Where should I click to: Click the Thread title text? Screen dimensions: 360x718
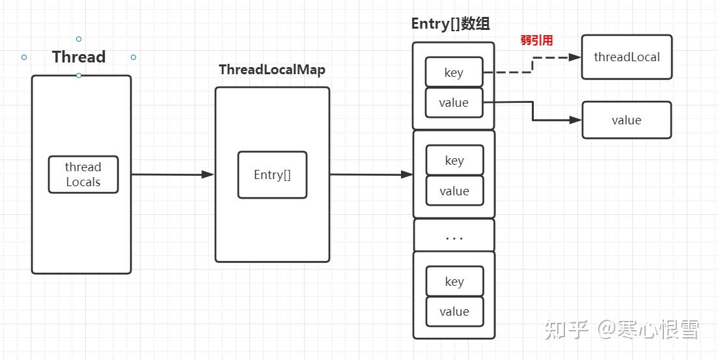point(79,57)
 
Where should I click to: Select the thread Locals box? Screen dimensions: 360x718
point(83,174)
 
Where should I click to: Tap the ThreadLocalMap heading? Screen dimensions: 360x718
point(271,70)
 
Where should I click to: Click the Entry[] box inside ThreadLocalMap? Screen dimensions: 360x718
point(272,174)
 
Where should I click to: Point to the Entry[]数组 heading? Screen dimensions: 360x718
point(450,24)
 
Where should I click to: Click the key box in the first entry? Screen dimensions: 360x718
point(454,72)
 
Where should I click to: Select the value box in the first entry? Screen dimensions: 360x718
point(454,103)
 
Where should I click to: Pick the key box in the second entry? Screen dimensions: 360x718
point(454,160)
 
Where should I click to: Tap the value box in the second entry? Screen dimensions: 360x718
point(454,191)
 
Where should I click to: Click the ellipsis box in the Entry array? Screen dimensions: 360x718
point(454,236)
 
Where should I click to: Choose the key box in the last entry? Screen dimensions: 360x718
point(454,281)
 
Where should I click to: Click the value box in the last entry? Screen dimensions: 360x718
point(454,311)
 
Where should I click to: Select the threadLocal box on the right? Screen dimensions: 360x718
point(626,57)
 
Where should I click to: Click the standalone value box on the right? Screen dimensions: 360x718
point(626,120)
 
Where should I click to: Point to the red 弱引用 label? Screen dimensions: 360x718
point(536,40)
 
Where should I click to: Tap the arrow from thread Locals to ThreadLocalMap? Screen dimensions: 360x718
point(173,174)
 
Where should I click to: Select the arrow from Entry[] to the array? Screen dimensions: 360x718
point(371,174)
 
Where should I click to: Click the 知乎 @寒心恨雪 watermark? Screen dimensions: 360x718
point(622,329)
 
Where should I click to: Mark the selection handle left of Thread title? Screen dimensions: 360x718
point(24,57)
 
